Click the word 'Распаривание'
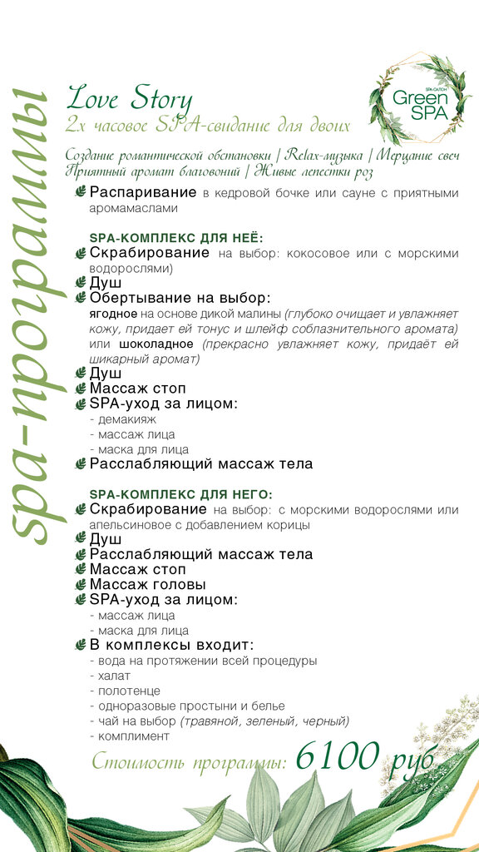coord(144,193)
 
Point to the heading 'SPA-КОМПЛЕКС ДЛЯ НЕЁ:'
coord(175,237)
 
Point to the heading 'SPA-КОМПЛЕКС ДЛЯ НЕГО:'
coord(180,494)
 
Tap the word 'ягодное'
coord(113,314)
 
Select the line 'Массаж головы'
coord(148,584)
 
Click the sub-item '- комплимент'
coord(129,736)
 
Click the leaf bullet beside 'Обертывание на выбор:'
coord(81,298)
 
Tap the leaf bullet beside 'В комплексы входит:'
coord(81,645)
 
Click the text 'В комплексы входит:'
coord(171,645)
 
